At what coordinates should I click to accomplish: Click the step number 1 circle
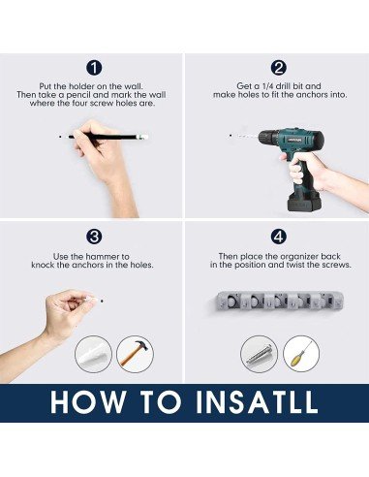point(94,68)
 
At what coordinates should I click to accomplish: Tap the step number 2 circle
point(279,68)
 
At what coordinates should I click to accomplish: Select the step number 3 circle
point(94,237)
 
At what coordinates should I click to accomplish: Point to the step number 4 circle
point(279,237)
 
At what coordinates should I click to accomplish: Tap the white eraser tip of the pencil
point(143,137)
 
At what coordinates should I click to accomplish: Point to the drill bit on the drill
point(248,137)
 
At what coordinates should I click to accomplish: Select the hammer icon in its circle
point(135,353)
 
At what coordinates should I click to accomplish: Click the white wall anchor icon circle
point(94,354)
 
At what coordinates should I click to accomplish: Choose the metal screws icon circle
point(259,354)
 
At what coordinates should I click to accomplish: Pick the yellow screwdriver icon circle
point(301,354)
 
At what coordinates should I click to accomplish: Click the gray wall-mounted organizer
point(279,302)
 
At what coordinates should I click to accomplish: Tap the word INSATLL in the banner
point(257,401)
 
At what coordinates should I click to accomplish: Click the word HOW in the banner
point(88,401)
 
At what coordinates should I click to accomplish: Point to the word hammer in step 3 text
point(103,257)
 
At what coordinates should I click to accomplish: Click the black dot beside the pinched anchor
point(102,301)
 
